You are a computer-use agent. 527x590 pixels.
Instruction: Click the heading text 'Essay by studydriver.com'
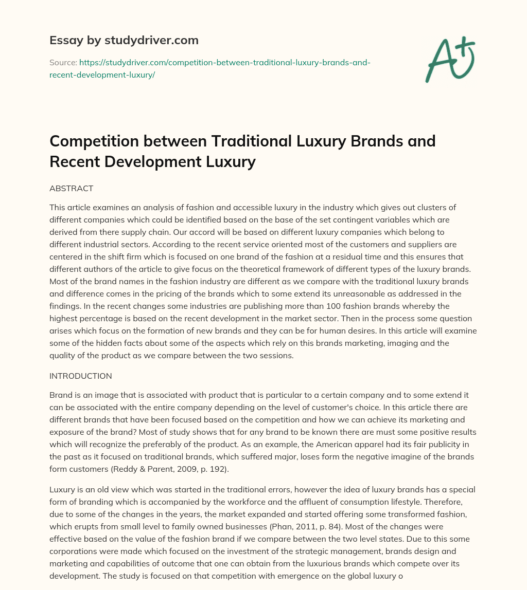click(x=124, y=40)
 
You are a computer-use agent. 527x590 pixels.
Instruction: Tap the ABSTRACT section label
click(x=71, y=189)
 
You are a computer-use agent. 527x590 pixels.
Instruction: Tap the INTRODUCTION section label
click(x=80, y=376)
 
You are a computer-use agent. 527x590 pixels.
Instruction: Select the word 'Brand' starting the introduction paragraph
click(x=61, y=395)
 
